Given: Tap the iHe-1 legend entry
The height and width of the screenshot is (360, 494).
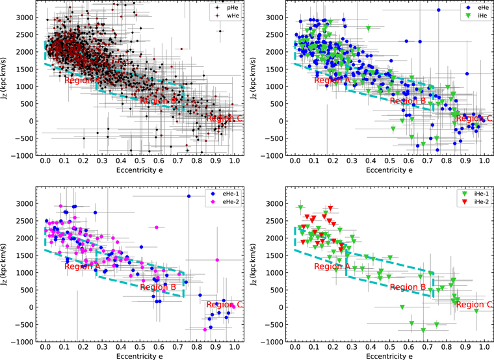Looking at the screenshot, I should coord(473,193).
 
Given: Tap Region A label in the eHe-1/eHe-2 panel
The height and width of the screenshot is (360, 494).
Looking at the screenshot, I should coord(83,266).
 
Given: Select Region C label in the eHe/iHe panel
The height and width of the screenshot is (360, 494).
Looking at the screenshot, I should coord(472,118).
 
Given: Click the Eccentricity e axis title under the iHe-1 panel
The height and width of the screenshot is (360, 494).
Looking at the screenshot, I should coord(389,355).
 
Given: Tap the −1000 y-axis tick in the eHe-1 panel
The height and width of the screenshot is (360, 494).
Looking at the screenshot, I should coord(26,342).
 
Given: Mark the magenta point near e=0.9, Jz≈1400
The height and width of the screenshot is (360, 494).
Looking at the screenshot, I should coord(217,259).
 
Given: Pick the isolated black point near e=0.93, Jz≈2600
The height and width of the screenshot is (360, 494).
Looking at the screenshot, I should coord(220,31).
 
